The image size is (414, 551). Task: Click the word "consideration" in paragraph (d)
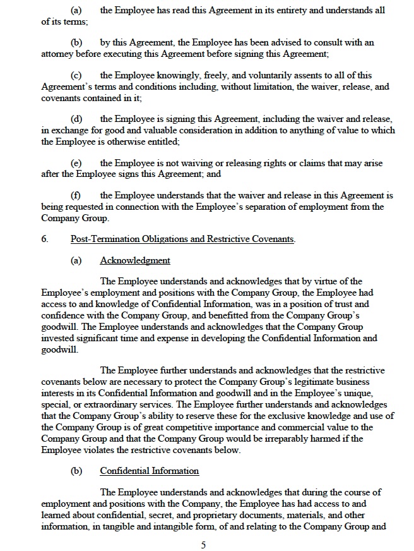[x=213, y=130]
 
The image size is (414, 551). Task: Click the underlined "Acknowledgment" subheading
[x=135, y=261]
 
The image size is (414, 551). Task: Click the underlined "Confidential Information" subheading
[x=150, y=471]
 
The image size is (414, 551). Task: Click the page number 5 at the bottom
[x=203, y=545]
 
